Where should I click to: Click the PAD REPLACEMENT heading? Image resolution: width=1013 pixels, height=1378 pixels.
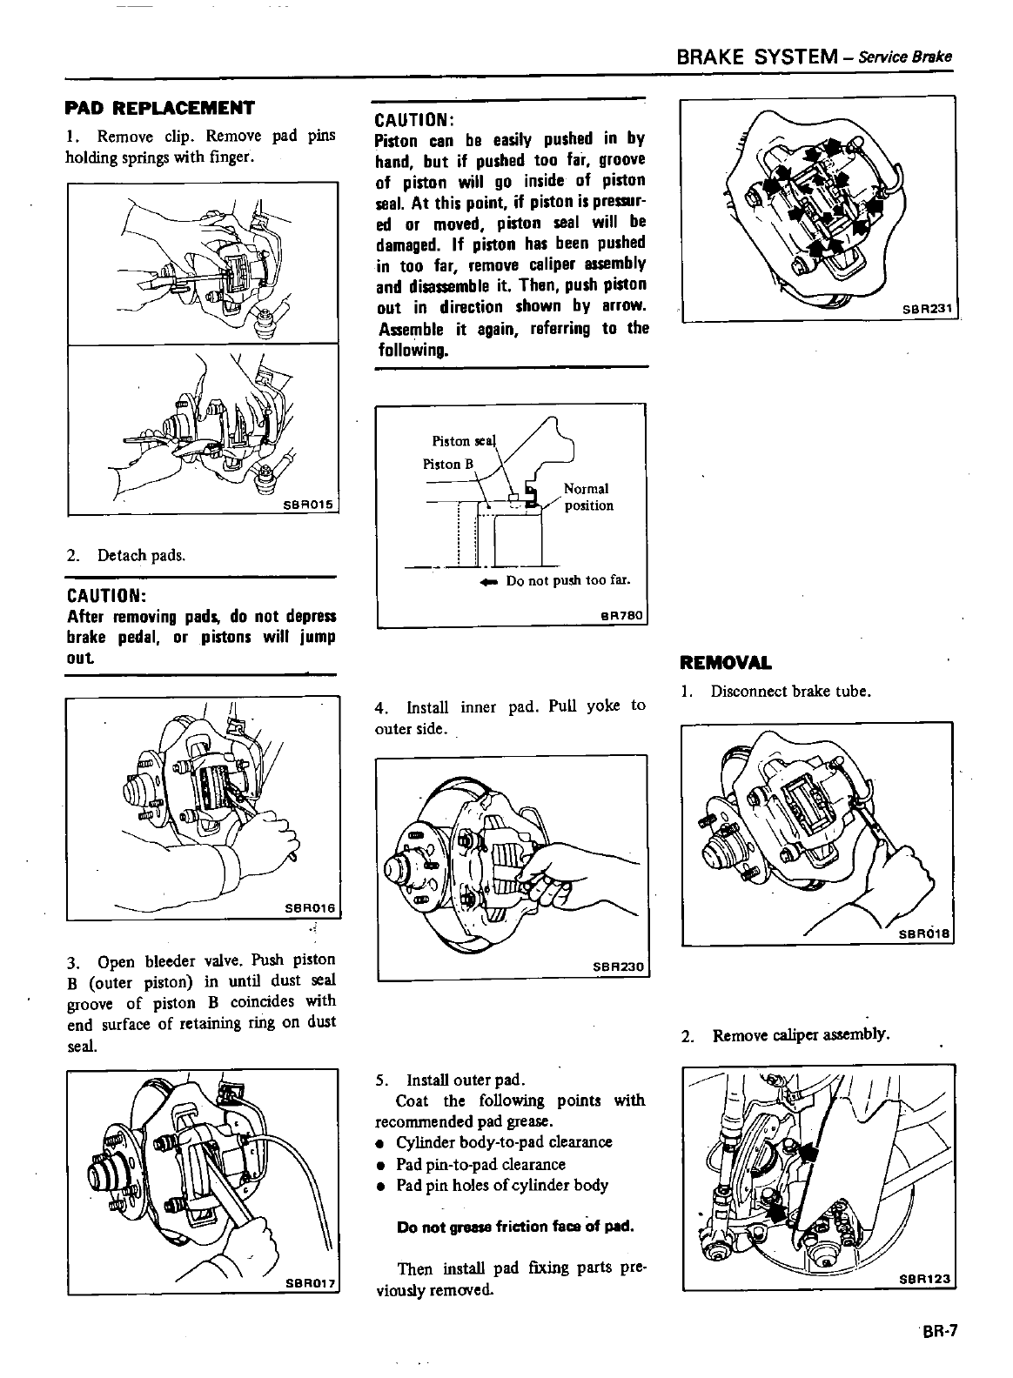point(160,109)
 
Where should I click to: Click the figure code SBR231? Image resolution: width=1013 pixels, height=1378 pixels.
point(928,311)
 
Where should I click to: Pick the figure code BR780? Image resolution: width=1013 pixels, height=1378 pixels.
point(621,616)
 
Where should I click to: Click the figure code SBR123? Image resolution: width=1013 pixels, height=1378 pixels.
point(926,1280)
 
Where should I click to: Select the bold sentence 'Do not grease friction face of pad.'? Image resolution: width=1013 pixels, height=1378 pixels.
point(513,1227)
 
